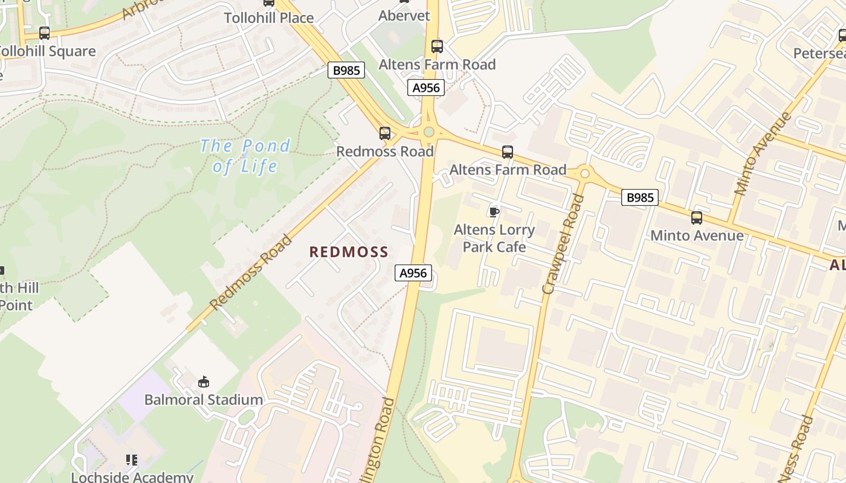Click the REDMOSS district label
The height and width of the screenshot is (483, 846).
pyautogui.click(x=349, y=252)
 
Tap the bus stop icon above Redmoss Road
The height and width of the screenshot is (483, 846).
pyautogui.click(x=385, y=133)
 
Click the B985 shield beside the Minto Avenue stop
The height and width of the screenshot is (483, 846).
pyautogui.click(x=639, y=197)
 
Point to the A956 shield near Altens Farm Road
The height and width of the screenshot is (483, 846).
pyautogui.click(x=426, y=88)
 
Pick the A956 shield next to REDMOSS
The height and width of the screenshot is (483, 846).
pyautogui.click(x=414, y=273)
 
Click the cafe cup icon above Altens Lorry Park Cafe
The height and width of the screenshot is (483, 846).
pyautogui.click(x=494, y=211)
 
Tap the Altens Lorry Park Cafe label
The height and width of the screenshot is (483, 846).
pyautogui.click(x=494, y=238)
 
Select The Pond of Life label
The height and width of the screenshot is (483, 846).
pyautogui.click(x=245, y=156)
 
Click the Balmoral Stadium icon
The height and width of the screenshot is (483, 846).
pyautogui.click(x=204, y=382)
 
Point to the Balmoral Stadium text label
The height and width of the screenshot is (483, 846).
pyautogui.click(x=203, y=400)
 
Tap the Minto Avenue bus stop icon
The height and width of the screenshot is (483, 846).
pyautogui.click(x=697, y=218)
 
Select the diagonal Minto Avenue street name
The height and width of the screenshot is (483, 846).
pyautogui.click(x=762, y=153)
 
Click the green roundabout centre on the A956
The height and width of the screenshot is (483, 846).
pyautogui.click(x=429, y=132)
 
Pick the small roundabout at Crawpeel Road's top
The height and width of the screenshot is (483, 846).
pyautogui.click(x=584, y=174)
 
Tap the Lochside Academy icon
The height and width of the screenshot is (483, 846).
pyautogui.click(x=132, y=460)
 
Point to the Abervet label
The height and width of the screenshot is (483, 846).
pyautogui.click(x=404, y=16)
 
